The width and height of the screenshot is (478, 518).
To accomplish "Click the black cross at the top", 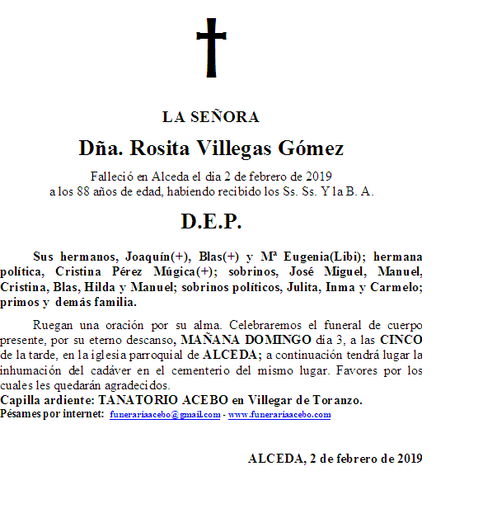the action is pos(211,47).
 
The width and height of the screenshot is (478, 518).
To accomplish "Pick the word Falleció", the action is pos(111,176).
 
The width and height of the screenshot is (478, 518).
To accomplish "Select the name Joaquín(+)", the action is pos(157,256).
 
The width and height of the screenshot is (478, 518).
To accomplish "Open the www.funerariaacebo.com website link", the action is pos(279,415).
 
